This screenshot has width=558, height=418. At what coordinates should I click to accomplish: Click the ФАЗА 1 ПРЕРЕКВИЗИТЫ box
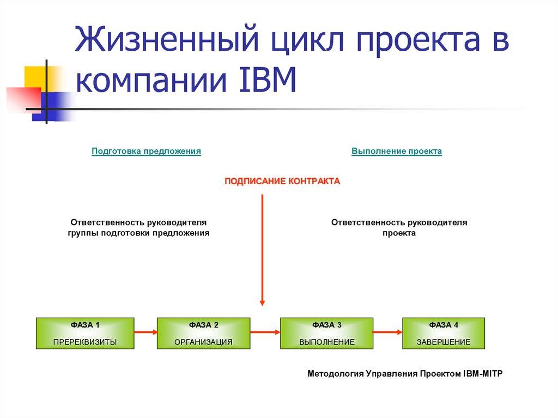coord(84,333)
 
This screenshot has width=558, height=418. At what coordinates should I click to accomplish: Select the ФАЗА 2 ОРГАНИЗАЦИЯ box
coord(203,333)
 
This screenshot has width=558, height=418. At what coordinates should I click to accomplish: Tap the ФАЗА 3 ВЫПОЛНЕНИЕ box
coord(326,333)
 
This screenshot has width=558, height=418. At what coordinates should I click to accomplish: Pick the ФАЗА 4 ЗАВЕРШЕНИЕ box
coord(443,333)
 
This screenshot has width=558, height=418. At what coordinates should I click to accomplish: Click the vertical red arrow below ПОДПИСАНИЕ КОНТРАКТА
coord(262,251)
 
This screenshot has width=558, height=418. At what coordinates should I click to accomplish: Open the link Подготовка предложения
coord(147,151)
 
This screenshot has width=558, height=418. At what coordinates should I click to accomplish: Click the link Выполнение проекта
coord(397,151)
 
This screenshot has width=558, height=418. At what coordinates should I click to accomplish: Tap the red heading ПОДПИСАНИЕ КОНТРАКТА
coord(282,181)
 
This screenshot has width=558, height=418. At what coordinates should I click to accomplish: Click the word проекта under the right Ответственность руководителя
coord(399,233)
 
